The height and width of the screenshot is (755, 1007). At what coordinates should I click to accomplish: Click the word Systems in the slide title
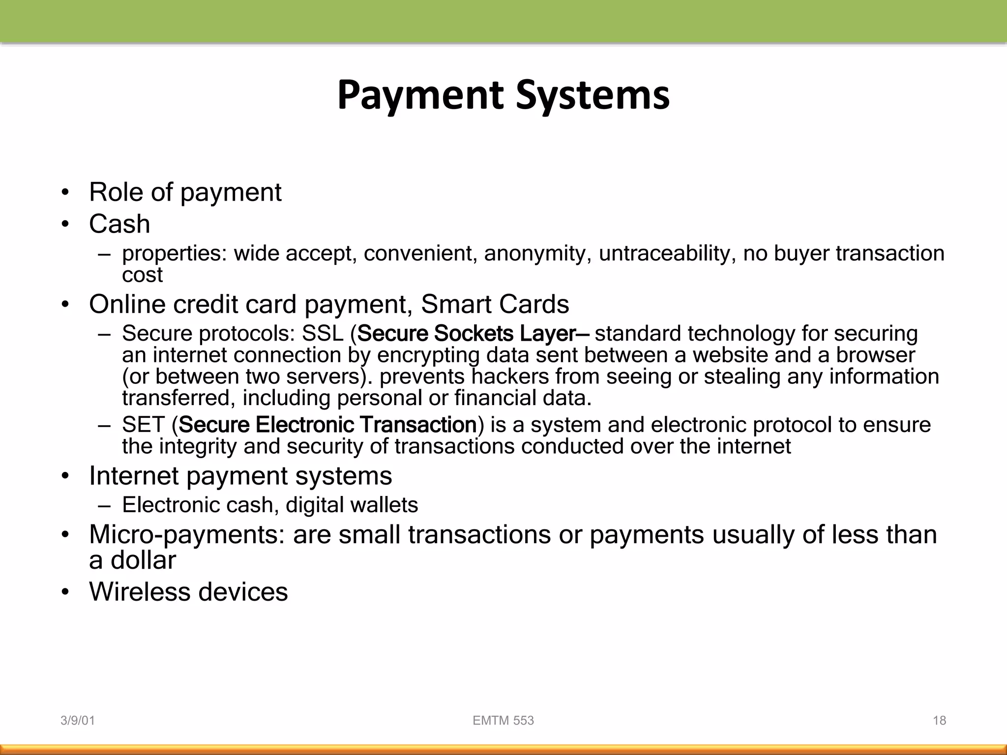592,95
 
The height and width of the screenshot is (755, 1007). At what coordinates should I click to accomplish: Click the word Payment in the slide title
420,95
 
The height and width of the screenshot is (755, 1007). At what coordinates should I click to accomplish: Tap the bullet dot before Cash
65,225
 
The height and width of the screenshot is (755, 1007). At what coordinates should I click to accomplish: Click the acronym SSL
323,334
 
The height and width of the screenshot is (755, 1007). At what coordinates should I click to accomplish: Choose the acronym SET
143,425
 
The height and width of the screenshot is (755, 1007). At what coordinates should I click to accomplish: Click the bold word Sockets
474,334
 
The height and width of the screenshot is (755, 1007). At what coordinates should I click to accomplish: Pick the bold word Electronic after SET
304,425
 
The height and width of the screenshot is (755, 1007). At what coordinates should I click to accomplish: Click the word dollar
143,560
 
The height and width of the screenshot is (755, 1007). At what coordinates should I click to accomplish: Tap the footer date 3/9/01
77,721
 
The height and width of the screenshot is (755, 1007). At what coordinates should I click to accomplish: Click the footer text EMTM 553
503,721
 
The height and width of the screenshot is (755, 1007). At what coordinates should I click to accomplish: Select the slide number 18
939,721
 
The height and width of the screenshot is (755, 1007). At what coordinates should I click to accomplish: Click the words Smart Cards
495,304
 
